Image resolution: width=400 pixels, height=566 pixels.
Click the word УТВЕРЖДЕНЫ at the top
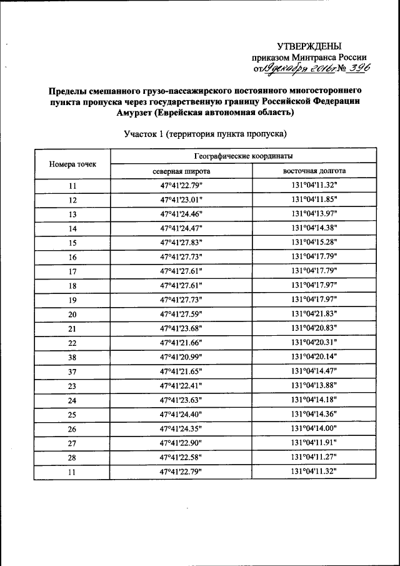[x=310, y=46]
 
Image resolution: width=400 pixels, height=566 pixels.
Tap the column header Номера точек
[x=72, y=163]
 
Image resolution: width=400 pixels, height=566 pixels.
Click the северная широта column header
[x=181, y=171]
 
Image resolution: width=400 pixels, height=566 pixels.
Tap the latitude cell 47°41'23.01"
[x=181, y=200]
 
